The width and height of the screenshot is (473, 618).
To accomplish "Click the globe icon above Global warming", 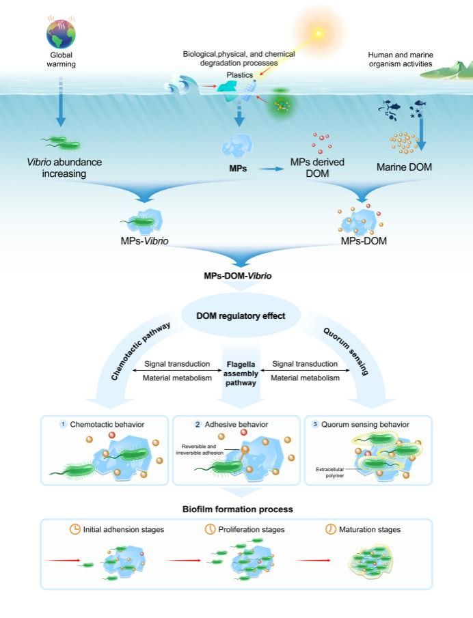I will click(61, 32).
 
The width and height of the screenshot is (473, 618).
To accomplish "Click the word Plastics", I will click(241, 74).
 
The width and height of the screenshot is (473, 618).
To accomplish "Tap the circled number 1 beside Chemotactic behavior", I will click(63, 424).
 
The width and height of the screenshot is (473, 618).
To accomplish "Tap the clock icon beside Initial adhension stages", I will click(75, 529).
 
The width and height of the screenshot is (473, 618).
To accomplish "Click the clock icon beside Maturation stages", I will click(332, 529).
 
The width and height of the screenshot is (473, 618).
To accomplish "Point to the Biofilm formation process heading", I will click(236, 509).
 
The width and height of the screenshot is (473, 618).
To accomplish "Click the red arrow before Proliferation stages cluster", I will click(184, 561).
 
